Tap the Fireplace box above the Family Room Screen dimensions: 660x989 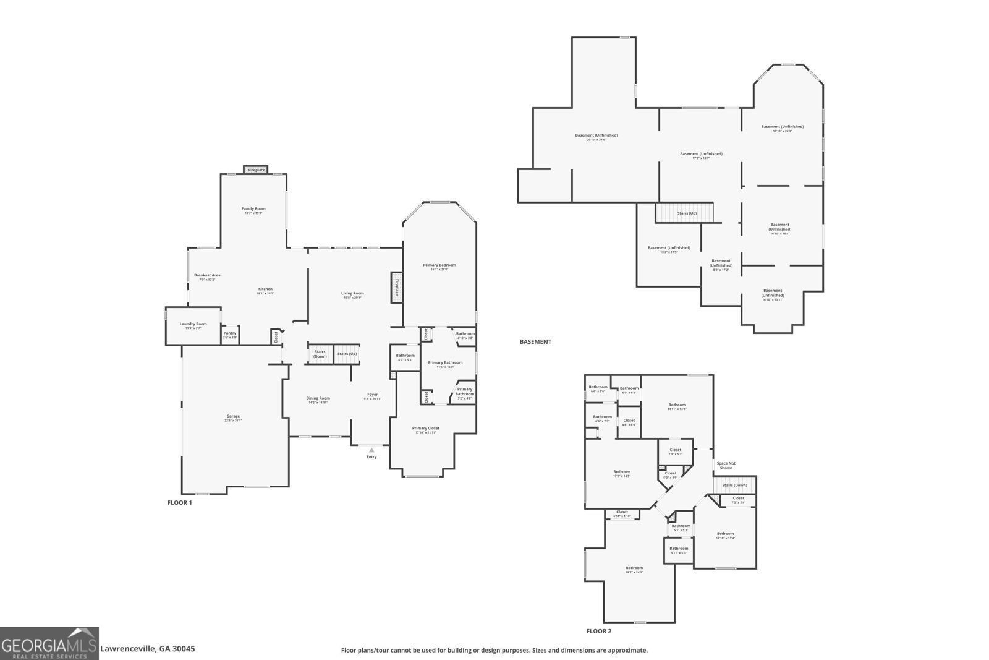tap(257, 170)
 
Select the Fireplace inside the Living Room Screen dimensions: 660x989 tap(397, 288)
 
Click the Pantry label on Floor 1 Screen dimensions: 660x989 tap(230, 333)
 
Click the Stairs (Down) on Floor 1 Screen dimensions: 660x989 tap(320, 354)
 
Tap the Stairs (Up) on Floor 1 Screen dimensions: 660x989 tap(347, 354)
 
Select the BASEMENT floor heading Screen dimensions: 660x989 tap(535, 341)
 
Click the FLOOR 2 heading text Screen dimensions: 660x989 tap(598, 632)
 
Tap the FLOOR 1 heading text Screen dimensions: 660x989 tap(179, 503)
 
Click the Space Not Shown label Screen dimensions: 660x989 tap(726, 465)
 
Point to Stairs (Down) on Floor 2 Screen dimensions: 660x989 tap(734, 485)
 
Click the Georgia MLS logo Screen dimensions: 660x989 tap(49, 643)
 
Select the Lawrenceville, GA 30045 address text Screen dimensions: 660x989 tap(148, 649)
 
